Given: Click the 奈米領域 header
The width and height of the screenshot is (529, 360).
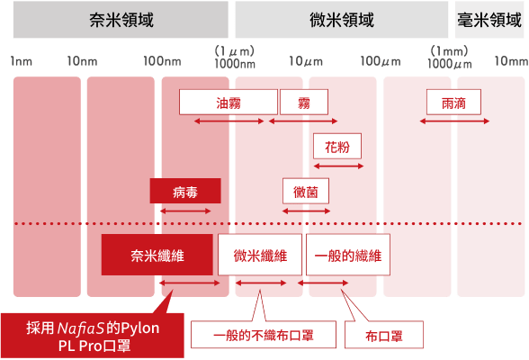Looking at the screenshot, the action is pyautogui.click(x=121, y=20).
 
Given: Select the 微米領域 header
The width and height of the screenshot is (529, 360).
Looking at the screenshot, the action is pyautogui.click(x=342, y=20).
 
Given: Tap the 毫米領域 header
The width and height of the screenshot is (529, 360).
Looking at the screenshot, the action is pyautogui.click(x=489, y=20).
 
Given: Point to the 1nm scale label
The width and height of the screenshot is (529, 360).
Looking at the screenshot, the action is pyautogui.click(x=22, y=61).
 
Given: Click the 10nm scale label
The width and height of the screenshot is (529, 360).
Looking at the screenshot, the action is pyautogui.click(x=82, y=61).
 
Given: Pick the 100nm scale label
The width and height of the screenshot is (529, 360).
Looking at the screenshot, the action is pyautogui.click(x=162, y=61).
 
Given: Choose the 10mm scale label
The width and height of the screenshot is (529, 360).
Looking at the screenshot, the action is pyautogui.click(x=511, y=61).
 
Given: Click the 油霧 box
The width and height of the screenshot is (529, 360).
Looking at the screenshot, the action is pyautogui.click(x=229, y=103).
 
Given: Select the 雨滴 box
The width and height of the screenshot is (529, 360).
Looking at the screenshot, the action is pyautogui.click(x=453, y=103).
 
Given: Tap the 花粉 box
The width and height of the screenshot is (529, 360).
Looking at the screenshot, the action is pyautogui.click(x=337, y=146).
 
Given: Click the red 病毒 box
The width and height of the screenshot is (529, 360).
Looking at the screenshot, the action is pyautogui.click(x=185, y=191).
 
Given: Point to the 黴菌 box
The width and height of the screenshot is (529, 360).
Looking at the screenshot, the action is pyautogui.click(x=306, y=191).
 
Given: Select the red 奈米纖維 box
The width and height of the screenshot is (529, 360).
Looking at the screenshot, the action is pyautogui.click(x=157, y=255).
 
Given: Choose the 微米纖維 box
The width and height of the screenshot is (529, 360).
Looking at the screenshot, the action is pyautogui.click(x=260, y=255).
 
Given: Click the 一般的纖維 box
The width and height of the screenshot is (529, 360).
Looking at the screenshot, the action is pyautogui.click(x=348, y=255).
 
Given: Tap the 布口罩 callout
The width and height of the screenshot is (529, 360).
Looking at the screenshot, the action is pyautogui.click(x=384, y=335).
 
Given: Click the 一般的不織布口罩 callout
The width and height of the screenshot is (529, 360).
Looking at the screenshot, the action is pyautogui.click(x=264, y=335).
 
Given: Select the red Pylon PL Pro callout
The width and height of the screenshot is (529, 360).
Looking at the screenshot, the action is pyautogui.click(x=93, y=336).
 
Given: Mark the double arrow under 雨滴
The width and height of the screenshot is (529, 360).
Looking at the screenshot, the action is pyautogui.click(x=454, y=121).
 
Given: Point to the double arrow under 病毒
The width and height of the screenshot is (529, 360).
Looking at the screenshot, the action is pyautogui.click(x=185, y=211).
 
